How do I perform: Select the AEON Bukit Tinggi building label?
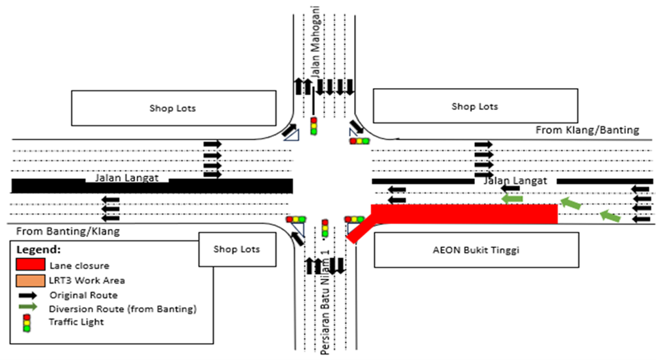point(476,250)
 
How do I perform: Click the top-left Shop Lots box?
point(172,108)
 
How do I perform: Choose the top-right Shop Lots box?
point(474,107)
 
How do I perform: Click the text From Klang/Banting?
point(587,130)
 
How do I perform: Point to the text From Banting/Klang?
point(68,232)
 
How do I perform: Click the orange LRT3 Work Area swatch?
point(31,280)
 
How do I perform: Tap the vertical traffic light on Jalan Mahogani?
point(314,126)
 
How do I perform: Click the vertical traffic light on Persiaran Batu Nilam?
point(325,227)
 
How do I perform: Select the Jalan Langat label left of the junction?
point(126,178)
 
